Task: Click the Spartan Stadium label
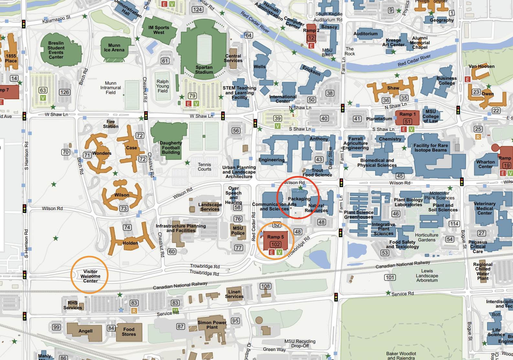point(204,70)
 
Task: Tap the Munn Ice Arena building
point(114,48)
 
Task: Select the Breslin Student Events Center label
point(56,50)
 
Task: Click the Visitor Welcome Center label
point(90,276)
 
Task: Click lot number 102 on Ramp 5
point(276,245)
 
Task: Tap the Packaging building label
point(299,199)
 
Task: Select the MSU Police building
point(238,231)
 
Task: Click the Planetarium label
point(379,119)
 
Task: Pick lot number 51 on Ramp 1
point(408,122)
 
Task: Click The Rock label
point(350,51)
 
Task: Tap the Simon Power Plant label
point(212,325)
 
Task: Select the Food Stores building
point(129,332)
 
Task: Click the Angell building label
point(85,331)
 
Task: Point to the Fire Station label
point(111,124)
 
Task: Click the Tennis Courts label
point(204,167)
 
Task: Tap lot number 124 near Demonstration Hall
point(197,9)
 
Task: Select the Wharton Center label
point(486,164)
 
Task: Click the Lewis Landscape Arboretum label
point(427,276)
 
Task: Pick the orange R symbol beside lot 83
point(134,311)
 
